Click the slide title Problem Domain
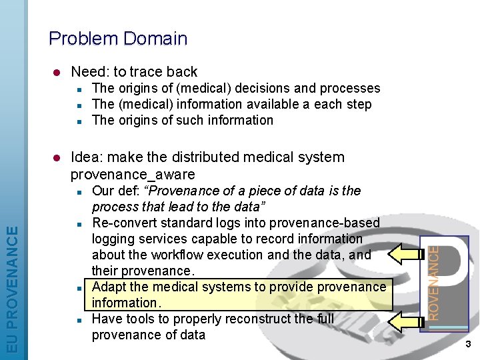pos(118,39)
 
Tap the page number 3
pos(468,344)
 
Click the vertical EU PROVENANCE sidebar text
pos(13,289)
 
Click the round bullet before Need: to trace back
pos(57,72)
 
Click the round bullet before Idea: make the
pos(57,158)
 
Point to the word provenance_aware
pos(133,175)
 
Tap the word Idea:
pos(87,157)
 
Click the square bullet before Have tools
pos(79,320)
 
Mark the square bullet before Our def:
pos(79,192)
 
